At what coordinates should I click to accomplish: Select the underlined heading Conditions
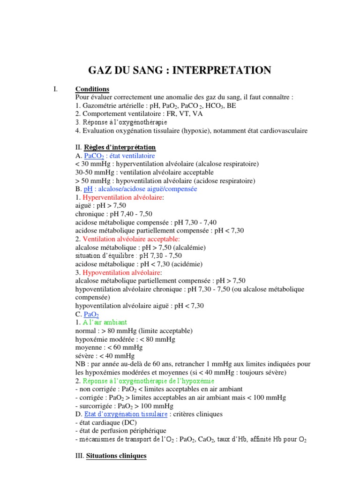[92, 89]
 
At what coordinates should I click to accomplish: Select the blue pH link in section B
[88, 189]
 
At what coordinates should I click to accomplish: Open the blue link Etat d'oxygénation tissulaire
[126, 414]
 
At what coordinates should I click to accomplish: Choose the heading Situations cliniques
[117, 456]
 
